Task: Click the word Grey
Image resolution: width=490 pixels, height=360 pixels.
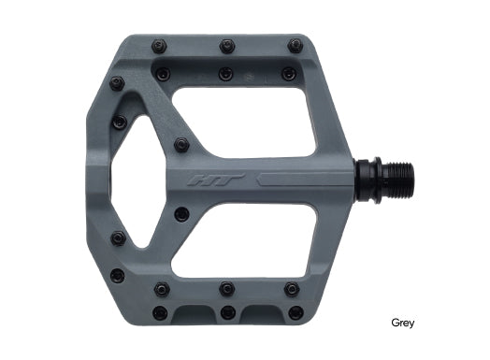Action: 402,323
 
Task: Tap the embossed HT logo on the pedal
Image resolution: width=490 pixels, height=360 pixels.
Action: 216,180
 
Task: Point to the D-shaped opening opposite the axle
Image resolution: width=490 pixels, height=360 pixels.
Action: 128,181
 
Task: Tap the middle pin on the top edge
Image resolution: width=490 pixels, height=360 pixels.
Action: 227,46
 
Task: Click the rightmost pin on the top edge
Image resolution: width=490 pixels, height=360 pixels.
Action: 295,46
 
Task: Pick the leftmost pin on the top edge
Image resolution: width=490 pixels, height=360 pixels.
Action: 159,47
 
